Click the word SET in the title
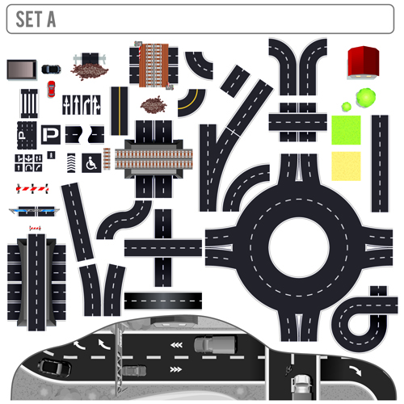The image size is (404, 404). click(29, 19)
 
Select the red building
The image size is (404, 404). click(364, 62)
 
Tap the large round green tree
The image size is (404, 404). click(366, 98)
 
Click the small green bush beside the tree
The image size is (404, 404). click(347, 107)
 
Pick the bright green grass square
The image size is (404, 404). click(346, 130)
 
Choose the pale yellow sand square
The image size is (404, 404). click(346, 166)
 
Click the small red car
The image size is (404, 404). click(51, 89)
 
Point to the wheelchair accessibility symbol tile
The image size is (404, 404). click(91, 163)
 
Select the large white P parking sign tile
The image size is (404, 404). click(51, 134)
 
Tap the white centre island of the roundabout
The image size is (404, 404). click(299, 248)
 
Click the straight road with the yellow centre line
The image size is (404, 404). click(120, 111)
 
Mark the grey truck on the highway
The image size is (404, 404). click(216, 344)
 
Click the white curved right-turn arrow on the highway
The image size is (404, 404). click(356, 371)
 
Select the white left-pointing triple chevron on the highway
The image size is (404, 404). click(176, 345)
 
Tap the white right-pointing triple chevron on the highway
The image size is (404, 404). click(176, 369)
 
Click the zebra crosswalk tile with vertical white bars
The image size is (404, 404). click(29, 103)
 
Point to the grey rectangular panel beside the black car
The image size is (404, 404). click(22, 69)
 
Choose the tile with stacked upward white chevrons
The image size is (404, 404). click(71, 162)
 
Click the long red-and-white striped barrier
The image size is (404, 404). click(32, 189)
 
